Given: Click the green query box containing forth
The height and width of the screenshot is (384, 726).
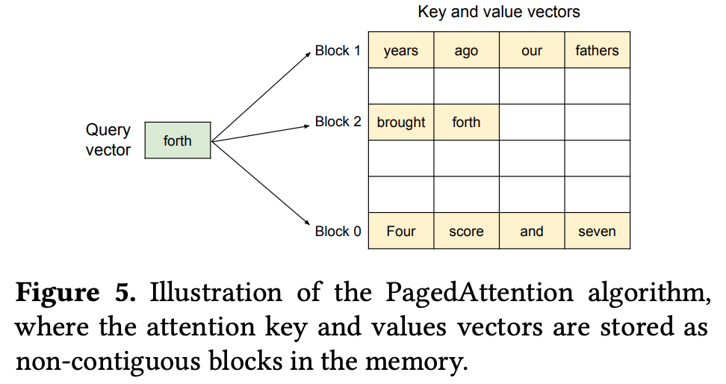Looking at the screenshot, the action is pyautogui.click(x=178, y=140).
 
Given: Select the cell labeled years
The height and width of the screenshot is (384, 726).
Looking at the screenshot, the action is pyautogui.click(x=401, y=50).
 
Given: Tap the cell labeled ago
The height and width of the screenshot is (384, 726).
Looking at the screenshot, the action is pyautogui.click(x=466, y=50).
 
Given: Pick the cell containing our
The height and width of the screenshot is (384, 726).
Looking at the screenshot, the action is pyautogui.click(x=532, y=50).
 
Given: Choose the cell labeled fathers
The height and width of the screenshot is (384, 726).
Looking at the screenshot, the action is pyautogui.click(x=598, y=50).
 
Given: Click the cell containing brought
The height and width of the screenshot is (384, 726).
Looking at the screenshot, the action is pyautogui.click(x=401, y=122).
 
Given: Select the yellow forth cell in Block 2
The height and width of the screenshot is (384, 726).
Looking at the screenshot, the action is pyautogui.click(x=466, y=122).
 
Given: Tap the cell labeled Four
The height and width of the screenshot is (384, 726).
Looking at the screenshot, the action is pyautogui.click(x=401, y=231).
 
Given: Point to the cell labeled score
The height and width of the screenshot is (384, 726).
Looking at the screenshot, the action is pyautogui.click(x=466, y=231).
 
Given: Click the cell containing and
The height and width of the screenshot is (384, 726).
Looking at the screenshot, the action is pyautogui.click(x=532, y=231).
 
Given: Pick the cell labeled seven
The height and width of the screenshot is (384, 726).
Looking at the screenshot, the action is pyautogui.click(x=598, y=231).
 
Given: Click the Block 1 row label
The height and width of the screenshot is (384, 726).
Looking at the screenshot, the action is pyautogui.click(x=338, y=51).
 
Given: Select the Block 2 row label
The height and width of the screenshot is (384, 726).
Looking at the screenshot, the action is pyautogui.click(x=338, y=121).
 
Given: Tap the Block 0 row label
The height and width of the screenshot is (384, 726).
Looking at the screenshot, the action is pyautogui.click(x=338, y=231).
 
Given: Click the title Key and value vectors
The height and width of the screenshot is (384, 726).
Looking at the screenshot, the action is pyautogui.click(x=499, y=12).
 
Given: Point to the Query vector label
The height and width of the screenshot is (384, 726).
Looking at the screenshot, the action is pyautogui.click(x=108, y=140).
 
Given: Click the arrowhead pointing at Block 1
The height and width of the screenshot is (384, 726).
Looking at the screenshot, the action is pyautogui.click(x=308, y=55).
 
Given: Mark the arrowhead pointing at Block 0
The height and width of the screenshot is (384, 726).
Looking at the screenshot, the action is pyautogui.click(x=307, y=222).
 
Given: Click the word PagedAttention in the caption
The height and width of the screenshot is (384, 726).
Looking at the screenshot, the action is pyautogui.click(x=480, y=293).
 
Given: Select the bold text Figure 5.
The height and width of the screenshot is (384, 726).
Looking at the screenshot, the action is pyautogui.click(x=75, y=293).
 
